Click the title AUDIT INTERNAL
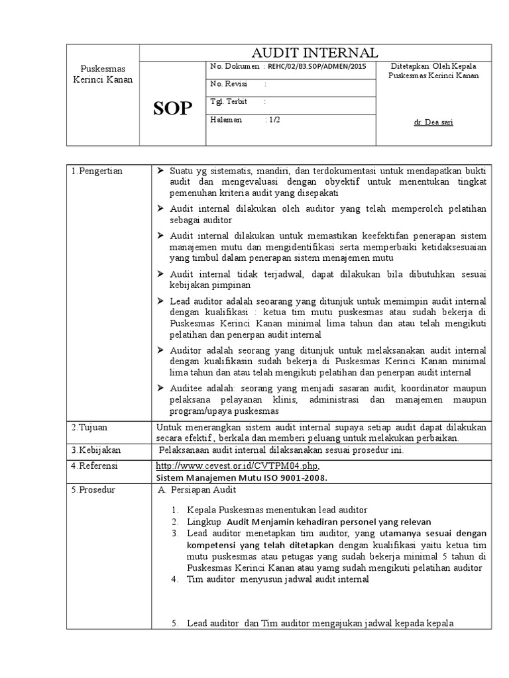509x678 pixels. pos(315,53)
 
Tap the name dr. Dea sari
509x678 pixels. pos(433,122)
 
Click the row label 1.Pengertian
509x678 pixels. pos(97,171)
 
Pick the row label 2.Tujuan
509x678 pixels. pos(89,427)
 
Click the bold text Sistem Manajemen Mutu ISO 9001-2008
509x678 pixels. pos(241,477)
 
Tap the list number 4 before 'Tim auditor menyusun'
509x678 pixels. pos(174,579)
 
